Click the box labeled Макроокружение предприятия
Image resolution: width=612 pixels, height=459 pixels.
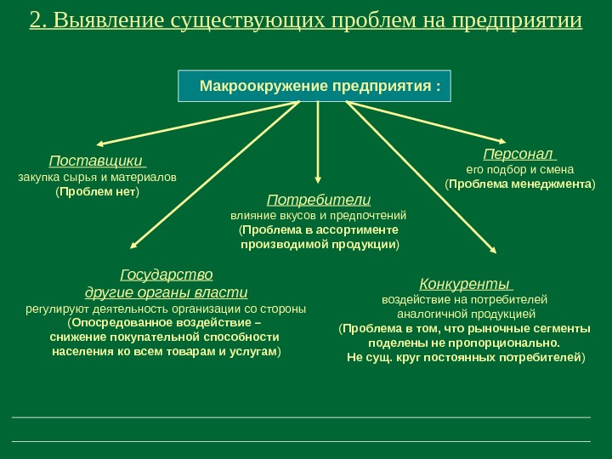[314, 86]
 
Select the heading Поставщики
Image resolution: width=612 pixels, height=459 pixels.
[95, 161]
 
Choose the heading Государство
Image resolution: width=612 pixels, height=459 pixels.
[167, 275]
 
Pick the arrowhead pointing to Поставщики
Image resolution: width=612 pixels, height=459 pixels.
[100, 144]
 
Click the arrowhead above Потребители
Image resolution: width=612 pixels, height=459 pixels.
[318, 179]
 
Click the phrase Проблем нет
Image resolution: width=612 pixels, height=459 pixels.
[98, 193]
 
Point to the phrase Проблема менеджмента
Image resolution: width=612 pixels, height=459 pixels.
[521, 184]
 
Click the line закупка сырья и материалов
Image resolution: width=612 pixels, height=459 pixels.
[98, 178]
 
